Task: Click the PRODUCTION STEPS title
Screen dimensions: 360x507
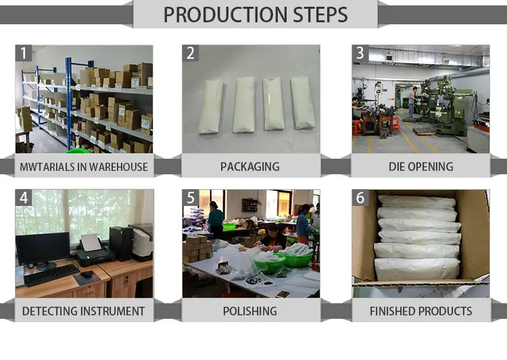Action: [256, 14]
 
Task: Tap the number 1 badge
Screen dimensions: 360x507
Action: [24, 53]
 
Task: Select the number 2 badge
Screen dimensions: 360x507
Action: [191, 53]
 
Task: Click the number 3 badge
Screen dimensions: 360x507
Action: [360, 53]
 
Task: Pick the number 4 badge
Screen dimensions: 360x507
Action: [24, 197]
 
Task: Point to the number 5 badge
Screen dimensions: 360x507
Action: [191, 197]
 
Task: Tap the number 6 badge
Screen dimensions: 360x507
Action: [360, 197]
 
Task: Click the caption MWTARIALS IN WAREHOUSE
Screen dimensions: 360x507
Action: [84, 166]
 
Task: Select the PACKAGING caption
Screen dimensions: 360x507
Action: [249, 166]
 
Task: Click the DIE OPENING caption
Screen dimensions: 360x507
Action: [420, 166]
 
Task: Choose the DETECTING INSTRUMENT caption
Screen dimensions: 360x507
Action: [84, 311]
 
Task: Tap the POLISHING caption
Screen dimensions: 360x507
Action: [249, 311]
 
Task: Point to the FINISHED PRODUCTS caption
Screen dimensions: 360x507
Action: [420, 311]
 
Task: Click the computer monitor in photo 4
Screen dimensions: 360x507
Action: [42, 249]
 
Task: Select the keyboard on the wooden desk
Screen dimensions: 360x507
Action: [52, 274]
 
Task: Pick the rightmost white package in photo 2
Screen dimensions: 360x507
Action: [302, 103]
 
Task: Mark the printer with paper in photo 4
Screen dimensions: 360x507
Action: [91, 251]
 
